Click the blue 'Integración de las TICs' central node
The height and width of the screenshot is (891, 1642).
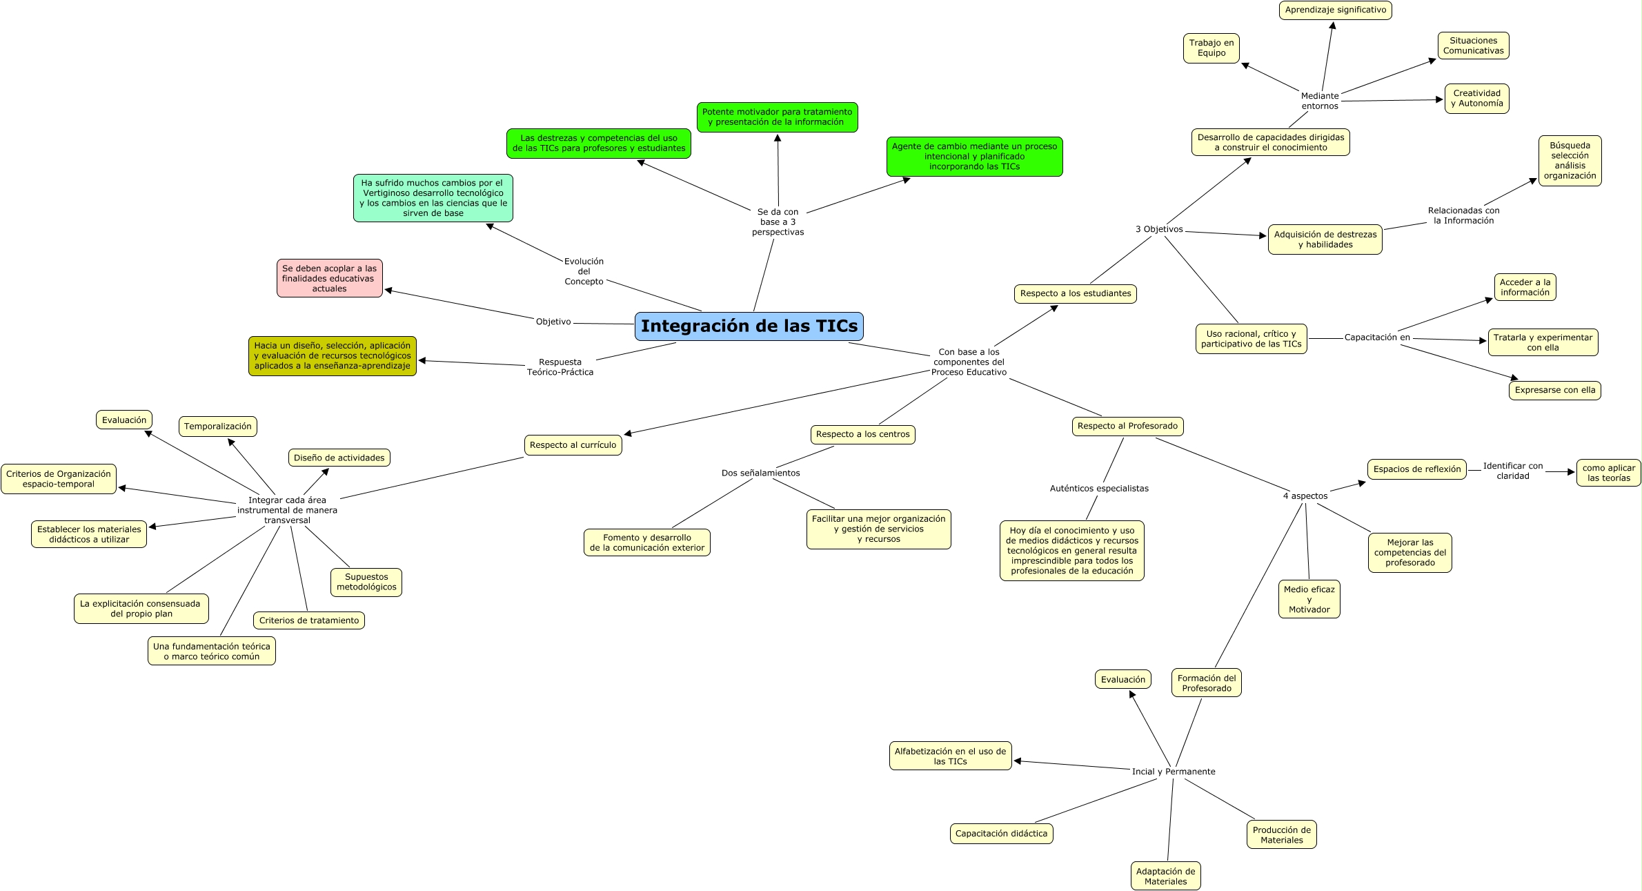point(749,326)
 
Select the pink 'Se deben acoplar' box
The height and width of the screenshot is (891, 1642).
point(330,278)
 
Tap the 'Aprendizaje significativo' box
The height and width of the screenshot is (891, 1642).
point(1335,10)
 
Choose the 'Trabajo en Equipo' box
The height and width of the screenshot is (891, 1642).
point(1211,48)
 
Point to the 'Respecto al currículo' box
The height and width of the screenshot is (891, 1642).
point(573,445)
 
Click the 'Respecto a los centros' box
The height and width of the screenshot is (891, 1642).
point(862,434)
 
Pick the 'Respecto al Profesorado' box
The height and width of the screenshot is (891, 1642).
point(1127,426)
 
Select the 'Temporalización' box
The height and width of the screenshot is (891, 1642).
point(217,427)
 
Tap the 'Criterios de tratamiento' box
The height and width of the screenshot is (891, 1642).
point(309,620)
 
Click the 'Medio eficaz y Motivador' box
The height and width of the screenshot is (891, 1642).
point(1309,599)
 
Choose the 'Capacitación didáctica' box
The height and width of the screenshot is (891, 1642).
point(1001,834)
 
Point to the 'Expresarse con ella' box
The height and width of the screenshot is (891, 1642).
point(1555,390)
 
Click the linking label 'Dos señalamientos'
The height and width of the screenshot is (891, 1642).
point(760,473)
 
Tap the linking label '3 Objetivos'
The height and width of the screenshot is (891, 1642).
point(1159,229)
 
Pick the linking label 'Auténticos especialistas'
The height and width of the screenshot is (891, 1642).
point(1099,489)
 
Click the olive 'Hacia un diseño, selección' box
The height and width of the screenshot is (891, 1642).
point(333,356)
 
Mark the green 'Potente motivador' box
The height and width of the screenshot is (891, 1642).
point(777,117)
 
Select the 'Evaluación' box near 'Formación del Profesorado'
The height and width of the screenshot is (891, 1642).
point(1122,680)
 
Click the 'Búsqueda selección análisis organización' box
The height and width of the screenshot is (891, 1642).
point(1570,161)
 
